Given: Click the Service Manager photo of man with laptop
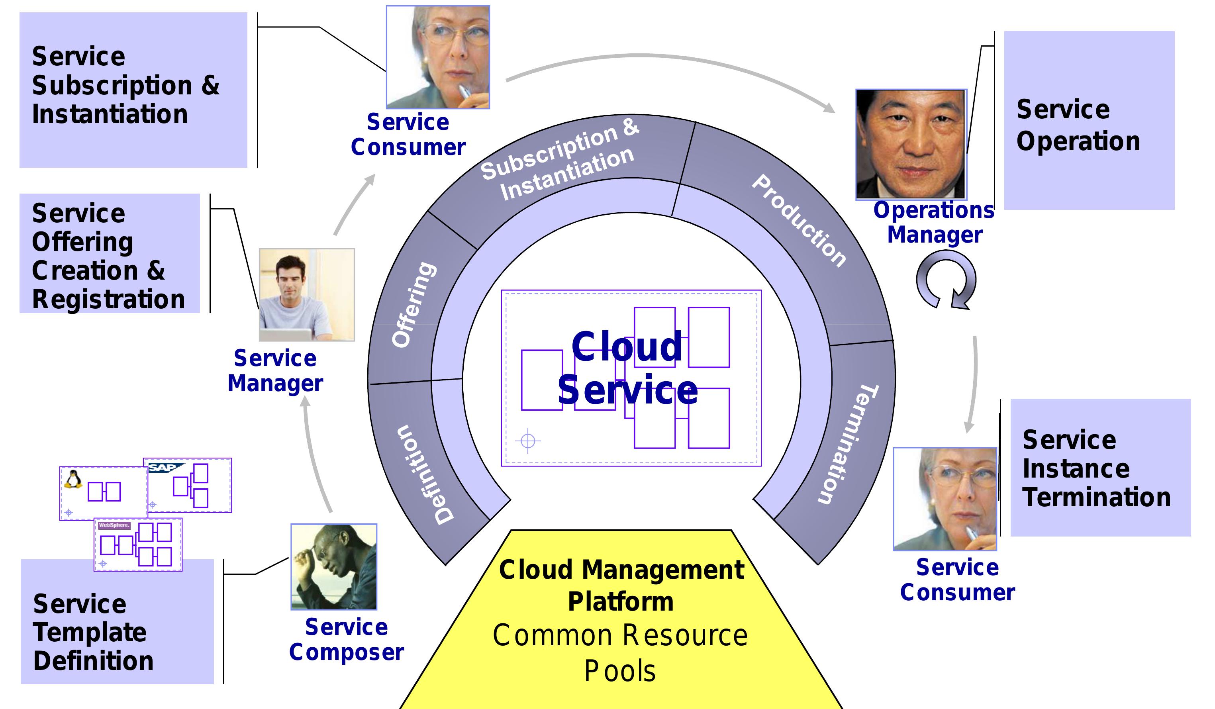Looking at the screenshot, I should click(307, 295).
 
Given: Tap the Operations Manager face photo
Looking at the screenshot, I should click(911, 144).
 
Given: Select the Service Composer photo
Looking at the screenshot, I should click(334, 567).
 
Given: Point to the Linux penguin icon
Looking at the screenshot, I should click(73, 480).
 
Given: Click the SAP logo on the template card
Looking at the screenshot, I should click(165, 467).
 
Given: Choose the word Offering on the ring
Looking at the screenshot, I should click(413, 305).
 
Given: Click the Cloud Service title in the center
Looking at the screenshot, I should click(627, 368).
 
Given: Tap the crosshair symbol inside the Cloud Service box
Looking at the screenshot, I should click(528, 441).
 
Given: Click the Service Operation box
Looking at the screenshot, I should click(1089, 121).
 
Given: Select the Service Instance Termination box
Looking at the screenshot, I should click(1100, 468).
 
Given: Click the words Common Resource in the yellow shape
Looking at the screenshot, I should click(619, 635).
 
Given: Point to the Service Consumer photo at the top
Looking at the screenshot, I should click(438, 57).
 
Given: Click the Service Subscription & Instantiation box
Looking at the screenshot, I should click(133, 90).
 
